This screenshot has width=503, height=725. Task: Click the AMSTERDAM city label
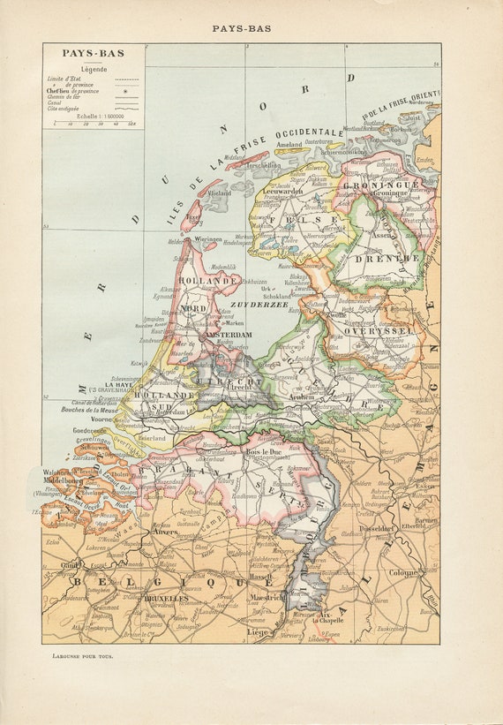229,336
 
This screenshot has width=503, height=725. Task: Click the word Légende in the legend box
94,69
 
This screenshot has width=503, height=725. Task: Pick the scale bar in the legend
94,123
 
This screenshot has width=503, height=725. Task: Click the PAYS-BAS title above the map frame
241,28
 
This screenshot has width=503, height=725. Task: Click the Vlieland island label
219,192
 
